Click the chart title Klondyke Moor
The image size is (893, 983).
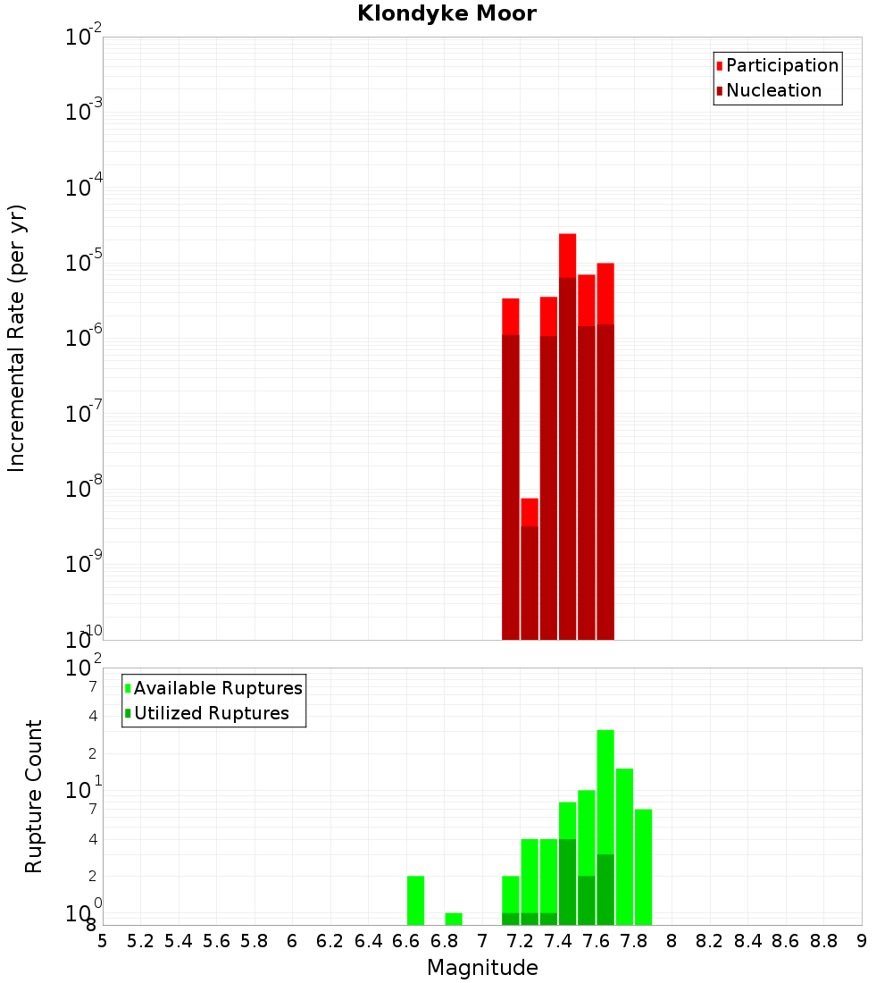446,13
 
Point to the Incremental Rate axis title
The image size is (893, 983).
17,338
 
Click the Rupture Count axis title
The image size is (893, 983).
34,795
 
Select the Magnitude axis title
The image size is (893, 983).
482,968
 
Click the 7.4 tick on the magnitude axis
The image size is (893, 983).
558,941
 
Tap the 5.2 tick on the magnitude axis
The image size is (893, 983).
140,941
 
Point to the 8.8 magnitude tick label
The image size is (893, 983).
823,941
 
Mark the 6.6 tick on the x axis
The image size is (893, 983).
406,941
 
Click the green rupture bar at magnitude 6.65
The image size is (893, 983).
415,901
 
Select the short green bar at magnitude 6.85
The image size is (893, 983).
454,920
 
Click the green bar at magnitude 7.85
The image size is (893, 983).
643,867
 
